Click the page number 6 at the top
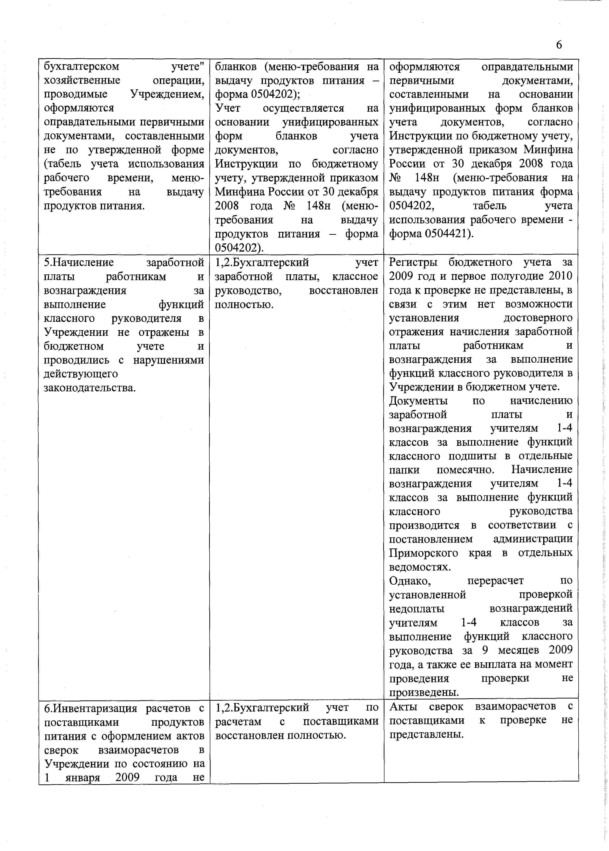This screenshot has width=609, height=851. [559, 45]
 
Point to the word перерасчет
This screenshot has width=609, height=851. [495, 581]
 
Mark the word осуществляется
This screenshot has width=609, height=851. [303, 108]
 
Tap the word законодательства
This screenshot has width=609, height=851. [90, 387]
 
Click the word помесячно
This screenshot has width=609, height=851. [465, 470]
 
